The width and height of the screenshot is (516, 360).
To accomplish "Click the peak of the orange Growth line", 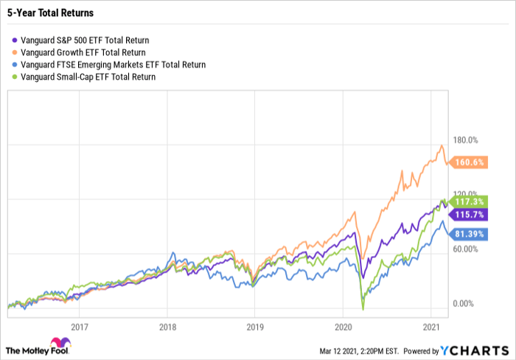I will (441, 145).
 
